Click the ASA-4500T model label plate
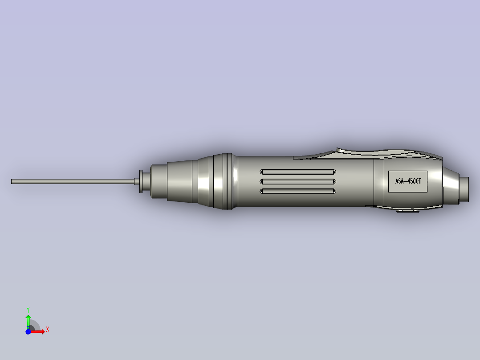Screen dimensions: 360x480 pos(407,181)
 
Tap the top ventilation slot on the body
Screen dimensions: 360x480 pos(298,172)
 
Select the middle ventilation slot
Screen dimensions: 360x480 pos(298,181)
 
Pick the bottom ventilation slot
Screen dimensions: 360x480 pos(298,191)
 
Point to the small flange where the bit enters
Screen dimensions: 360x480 pos(141,181)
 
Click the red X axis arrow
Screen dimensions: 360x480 pos(39,332)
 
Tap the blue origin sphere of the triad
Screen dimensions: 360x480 pos(28,332)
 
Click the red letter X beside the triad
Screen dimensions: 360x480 pos(48,330)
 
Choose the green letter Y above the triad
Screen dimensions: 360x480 pos(28,309)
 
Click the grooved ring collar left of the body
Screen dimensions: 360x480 pos(227,181)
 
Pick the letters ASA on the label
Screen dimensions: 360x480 pos(399,181)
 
